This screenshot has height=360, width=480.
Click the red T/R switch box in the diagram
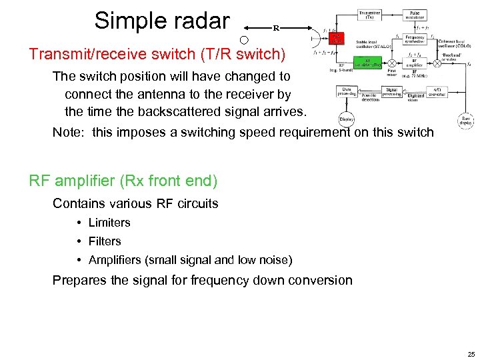tap(337, 39)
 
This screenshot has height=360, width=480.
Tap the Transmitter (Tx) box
tap(371, 14)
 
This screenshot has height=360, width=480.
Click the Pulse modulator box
tap(415, 14)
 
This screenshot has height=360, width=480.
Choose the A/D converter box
tap(437, 93)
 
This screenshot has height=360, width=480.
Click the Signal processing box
tap(393, 93)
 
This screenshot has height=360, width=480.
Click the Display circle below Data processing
tap(347, 119)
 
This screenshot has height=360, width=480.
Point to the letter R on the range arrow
tap(275, 28)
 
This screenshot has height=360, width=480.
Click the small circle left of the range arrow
tap(244, 41)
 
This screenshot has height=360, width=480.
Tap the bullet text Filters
tap(105, 241)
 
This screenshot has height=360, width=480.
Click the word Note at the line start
tap(69, 132)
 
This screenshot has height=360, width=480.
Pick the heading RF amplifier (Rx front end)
tap(123, 181)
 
